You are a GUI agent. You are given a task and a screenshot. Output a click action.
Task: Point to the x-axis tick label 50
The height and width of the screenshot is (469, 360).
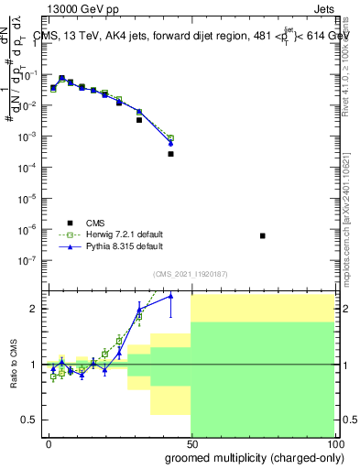(191, 443)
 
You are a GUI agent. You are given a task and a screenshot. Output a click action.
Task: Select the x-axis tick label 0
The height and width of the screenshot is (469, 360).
(49, 443)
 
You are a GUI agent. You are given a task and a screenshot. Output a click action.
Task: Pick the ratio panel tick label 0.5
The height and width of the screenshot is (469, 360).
(30, 420)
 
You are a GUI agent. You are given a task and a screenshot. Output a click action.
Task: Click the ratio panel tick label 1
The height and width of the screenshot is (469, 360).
(34, 365)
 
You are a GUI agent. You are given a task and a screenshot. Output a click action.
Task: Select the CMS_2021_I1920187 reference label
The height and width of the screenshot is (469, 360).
(190, 274)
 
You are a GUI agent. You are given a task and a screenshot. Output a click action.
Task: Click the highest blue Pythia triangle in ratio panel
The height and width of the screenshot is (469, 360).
(170, 295)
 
